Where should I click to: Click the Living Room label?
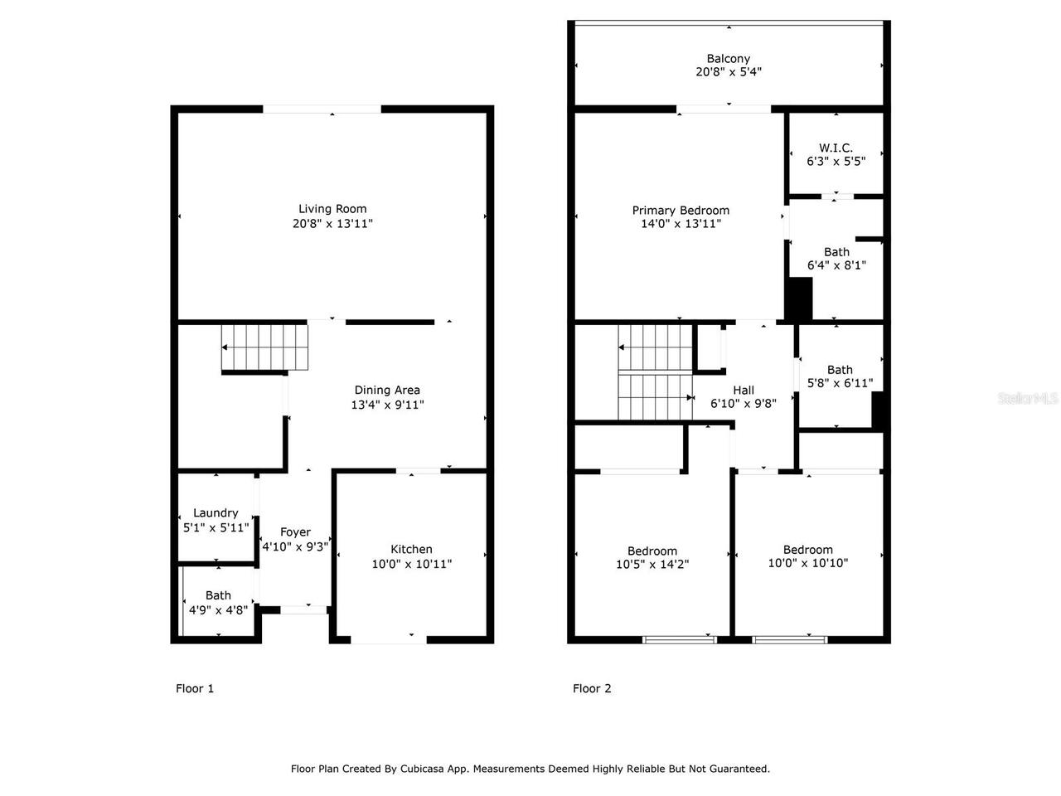tap(332, 209)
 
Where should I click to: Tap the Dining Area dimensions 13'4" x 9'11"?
tap(387, 405)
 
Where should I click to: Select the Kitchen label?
tap(411, 549)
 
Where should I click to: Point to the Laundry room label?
tap(216, 513)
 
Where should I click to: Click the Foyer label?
tap(295, 532)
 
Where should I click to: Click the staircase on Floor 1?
tap(264, 348)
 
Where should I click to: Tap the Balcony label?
tap(728, 58)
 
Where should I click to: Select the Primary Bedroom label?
tap(681, 211)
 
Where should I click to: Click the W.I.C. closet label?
tap(836, 148)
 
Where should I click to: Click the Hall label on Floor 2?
tap(744, 390)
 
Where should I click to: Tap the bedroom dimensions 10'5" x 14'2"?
tap(652, 564)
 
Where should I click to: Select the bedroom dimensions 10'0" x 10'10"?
tap(807, 563)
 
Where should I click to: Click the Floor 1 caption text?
tap(195, 688)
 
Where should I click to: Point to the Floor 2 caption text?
tap(592, 688)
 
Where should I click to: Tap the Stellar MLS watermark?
tap(1028, 399)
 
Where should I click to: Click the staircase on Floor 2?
tap(655, 373)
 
